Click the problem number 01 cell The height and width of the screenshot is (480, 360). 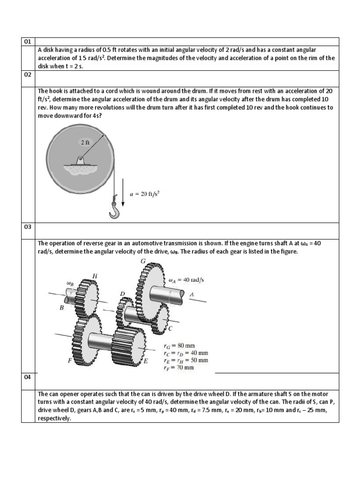[x=28, y=42]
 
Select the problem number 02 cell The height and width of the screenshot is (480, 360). [x=28, y=75]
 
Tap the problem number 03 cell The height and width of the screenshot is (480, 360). [x=28, y=227]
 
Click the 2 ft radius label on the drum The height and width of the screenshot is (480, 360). [x=85, y=142]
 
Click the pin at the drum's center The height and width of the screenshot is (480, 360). [x=81, y=158]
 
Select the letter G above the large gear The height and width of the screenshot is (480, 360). [x=143, y=261]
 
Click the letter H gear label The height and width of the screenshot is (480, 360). [x=95, y=276]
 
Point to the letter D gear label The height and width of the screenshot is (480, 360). [x=123, y=293]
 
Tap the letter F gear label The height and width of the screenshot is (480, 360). [x=70, y=360]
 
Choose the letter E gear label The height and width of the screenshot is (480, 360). [x=146, y=361]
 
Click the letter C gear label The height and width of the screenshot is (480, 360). [x=170, y=329]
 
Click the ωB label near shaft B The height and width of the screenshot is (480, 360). [x=71, y=283]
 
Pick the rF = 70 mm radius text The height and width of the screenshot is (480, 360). [x=179, y=367]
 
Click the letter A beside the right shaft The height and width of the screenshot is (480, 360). [x=191, y=294]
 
